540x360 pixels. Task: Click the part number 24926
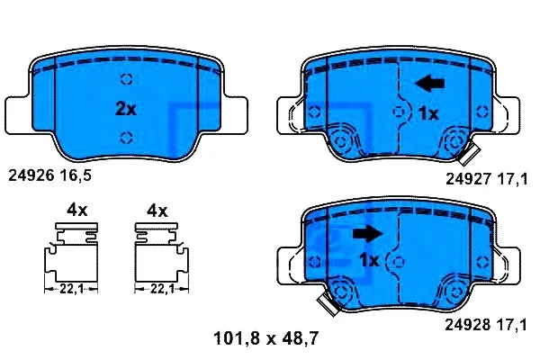[x=31, y=175]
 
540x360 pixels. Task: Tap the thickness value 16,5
[x=76, y=175]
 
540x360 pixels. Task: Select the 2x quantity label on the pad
[x=126, y=109]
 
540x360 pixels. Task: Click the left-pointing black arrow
[x=429, y=84]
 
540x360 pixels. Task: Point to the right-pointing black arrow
[x=367, y=234]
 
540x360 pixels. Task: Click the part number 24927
[x=468, y=179]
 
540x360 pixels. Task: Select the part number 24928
[x=468, y=325]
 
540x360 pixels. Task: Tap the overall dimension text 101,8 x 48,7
[x=265, y=338]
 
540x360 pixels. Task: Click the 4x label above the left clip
[x=77, y=210]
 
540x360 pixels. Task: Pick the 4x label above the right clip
[x=157, y=211]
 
